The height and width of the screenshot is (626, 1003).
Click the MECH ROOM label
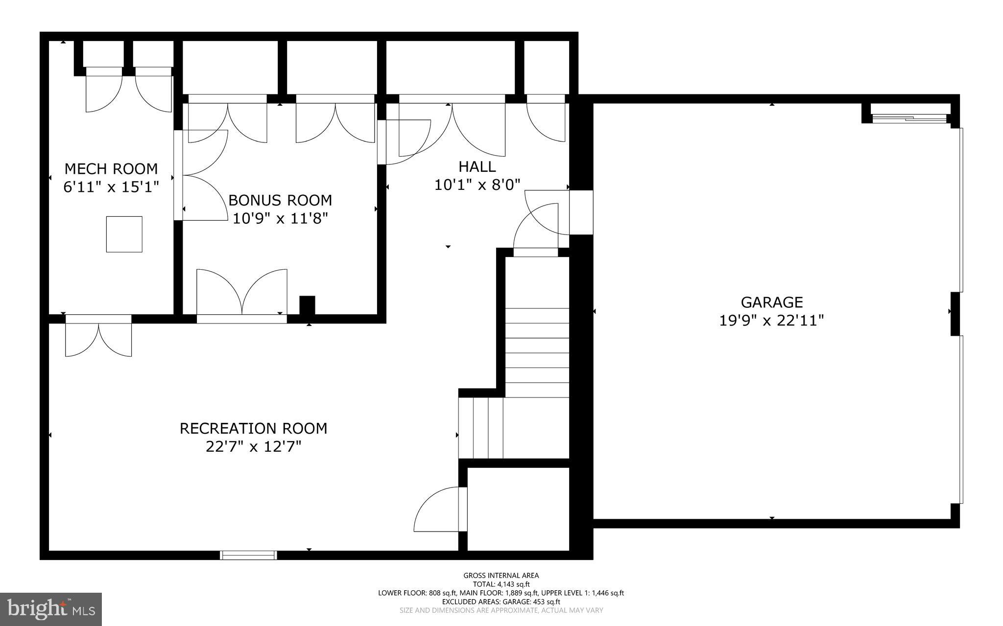[111, 169]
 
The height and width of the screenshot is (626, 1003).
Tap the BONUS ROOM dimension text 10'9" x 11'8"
[280, 218]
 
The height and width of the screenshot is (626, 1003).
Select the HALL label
[477, 167]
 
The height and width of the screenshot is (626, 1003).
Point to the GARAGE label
[771, 302]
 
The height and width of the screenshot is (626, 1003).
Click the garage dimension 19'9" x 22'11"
[771, 321]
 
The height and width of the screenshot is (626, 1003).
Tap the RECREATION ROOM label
[253, 428]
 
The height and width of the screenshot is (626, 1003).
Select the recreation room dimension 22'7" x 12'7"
[253, 447]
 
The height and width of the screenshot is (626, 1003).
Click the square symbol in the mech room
[124, 234]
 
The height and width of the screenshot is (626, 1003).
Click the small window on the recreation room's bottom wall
[248, 555]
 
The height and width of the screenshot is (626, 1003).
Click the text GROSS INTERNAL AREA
[501, 576]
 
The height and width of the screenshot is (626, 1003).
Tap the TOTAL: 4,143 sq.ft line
[501, 584]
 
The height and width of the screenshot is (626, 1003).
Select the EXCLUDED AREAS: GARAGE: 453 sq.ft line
[501, 602]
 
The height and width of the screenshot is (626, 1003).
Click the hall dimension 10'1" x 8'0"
[477, 185]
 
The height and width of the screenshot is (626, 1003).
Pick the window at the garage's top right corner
[910, 117]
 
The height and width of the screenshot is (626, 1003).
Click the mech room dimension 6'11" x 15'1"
[111, 187]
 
